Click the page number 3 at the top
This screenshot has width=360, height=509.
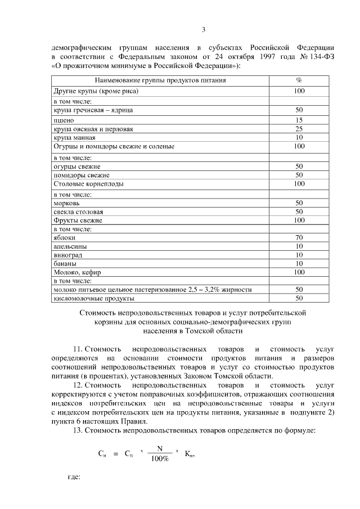204,30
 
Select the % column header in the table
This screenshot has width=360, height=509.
299,80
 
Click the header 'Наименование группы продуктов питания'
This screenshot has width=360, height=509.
161,80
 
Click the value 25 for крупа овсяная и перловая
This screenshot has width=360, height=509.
299,129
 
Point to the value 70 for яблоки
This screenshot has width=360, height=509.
299,237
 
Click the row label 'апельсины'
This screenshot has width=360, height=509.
70,246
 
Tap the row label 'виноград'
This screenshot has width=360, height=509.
67,255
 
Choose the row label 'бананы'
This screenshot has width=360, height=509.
64,263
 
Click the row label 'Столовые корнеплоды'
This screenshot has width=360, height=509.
88,184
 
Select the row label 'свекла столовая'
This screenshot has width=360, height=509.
78,212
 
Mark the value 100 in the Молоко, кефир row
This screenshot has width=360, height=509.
299,272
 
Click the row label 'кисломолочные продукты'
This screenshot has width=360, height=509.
93,298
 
